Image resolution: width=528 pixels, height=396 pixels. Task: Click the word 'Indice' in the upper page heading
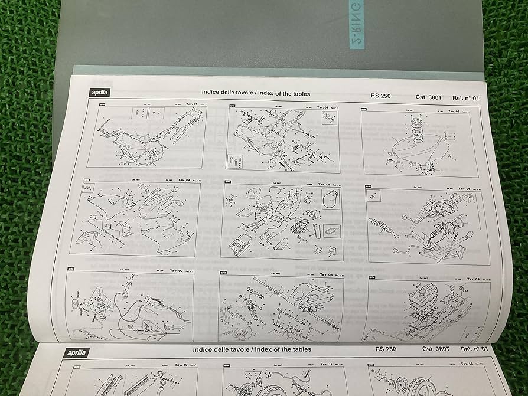click(212, 93)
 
